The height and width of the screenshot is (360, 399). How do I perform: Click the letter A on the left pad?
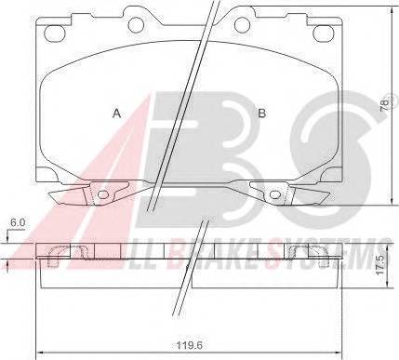pos(116,113)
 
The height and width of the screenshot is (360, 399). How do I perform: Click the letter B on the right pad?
pos(262,113)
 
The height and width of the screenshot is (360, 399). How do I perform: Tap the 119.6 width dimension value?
pos(190,345)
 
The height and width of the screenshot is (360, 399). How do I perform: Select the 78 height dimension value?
pos(384,105)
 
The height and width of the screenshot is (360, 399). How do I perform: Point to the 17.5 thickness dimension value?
pos(381,264)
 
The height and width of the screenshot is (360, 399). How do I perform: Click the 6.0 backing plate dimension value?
pos(18,222)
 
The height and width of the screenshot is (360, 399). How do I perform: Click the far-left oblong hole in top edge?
pos(55,33)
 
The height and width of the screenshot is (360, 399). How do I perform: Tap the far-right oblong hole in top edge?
pos(323,33)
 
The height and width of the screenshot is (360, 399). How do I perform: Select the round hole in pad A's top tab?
pos(135,23)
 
